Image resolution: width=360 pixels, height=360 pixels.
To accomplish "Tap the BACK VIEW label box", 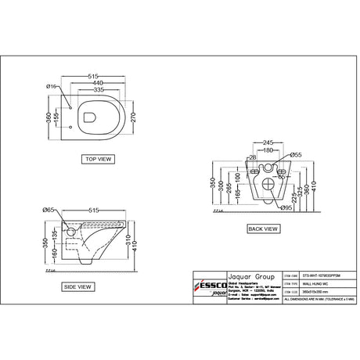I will (261, 229).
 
